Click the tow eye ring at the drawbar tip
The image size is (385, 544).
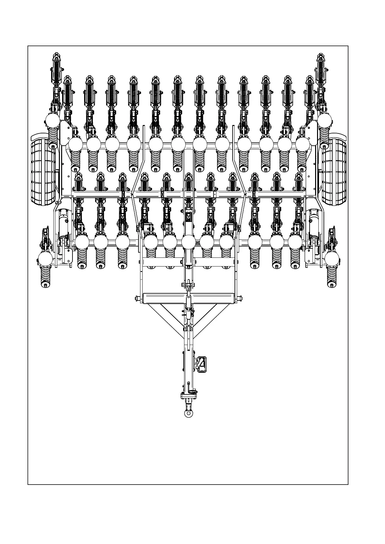[x=188, y=413]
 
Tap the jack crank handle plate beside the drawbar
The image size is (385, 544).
[x=202, y=365]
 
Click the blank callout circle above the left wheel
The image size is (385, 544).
[x=52, y=121]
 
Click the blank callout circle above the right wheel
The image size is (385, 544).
[x=325, y=121]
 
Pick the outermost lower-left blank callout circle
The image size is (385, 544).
[x=45, y=259]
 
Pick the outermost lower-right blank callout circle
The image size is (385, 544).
[x=332, y=259]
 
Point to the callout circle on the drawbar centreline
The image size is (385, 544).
[x=189, y=242]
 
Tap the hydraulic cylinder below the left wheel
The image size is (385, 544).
[x=63, y=223]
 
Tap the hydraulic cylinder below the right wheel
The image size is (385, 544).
[x=313, y=223]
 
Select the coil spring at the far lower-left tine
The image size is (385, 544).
[x=45, y=276]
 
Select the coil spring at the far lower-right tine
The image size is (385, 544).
[x=331, y=276]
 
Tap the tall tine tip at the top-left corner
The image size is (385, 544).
[x=56, y=58]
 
